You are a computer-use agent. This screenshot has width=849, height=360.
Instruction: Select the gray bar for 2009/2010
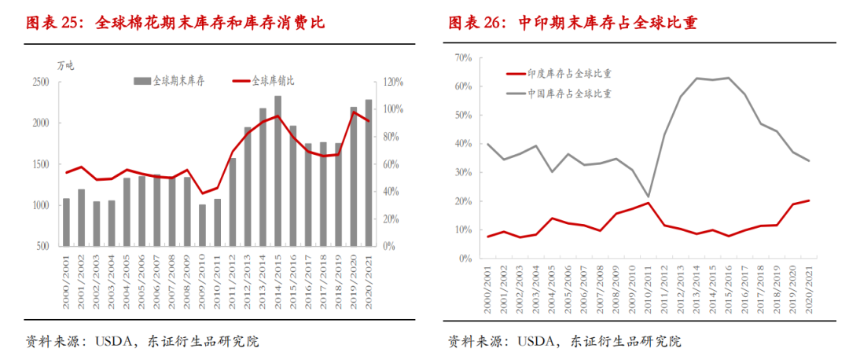(202, 226)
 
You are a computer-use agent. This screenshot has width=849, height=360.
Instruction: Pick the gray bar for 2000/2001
(66, 222)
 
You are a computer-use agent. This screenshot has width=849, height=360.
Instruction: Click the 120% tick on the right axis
(393, 83)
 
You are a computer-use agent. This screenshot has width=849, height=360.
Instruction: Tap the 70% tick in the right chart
(461, 58)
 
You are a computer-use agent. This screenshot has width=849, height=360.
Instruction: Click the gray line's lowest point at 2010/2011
(648, 197)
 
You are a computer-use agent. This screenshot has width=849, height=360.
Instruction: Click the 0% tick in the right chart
(464, 259)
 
